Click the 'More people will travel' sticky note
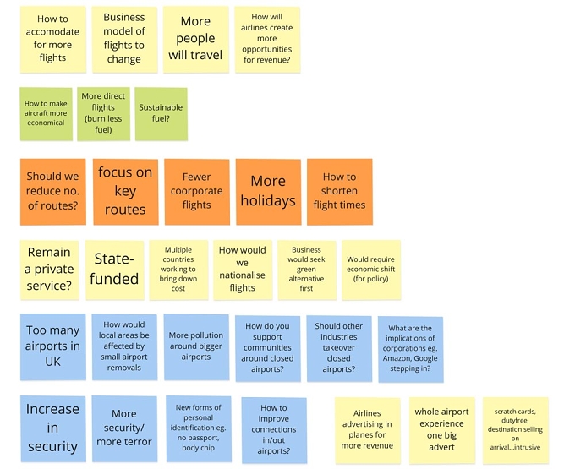[196, 40]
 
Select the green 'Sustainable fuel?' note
[161, 114]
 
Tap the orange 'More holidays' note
[268, 192]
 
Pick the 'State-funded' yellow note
[114, 270]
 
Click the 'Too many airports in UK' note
[52, 346]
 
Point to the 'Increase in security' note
[52, 428]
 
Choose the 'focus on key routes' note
[125, 192]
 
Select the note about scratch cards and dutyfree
[515, 430]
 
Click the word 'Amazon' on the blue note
[397, 358]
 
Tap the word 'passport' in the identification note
[201, 438]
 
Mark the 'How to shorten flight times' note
[340, 192]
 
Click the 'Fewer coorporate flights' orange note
[197, 192]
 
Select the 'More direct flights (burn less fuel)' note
[103, 114]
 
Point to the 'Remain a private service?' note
[50, 270]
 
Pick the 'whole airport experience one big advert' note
[442, 430]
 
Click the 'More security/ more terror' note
[124, 428]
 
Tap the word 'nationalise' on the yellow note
[242, 275]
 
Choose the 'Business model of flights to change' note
[124, 40]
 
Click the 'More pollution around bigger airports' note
[196, 346]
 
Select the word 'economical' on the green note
[46, 123]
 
